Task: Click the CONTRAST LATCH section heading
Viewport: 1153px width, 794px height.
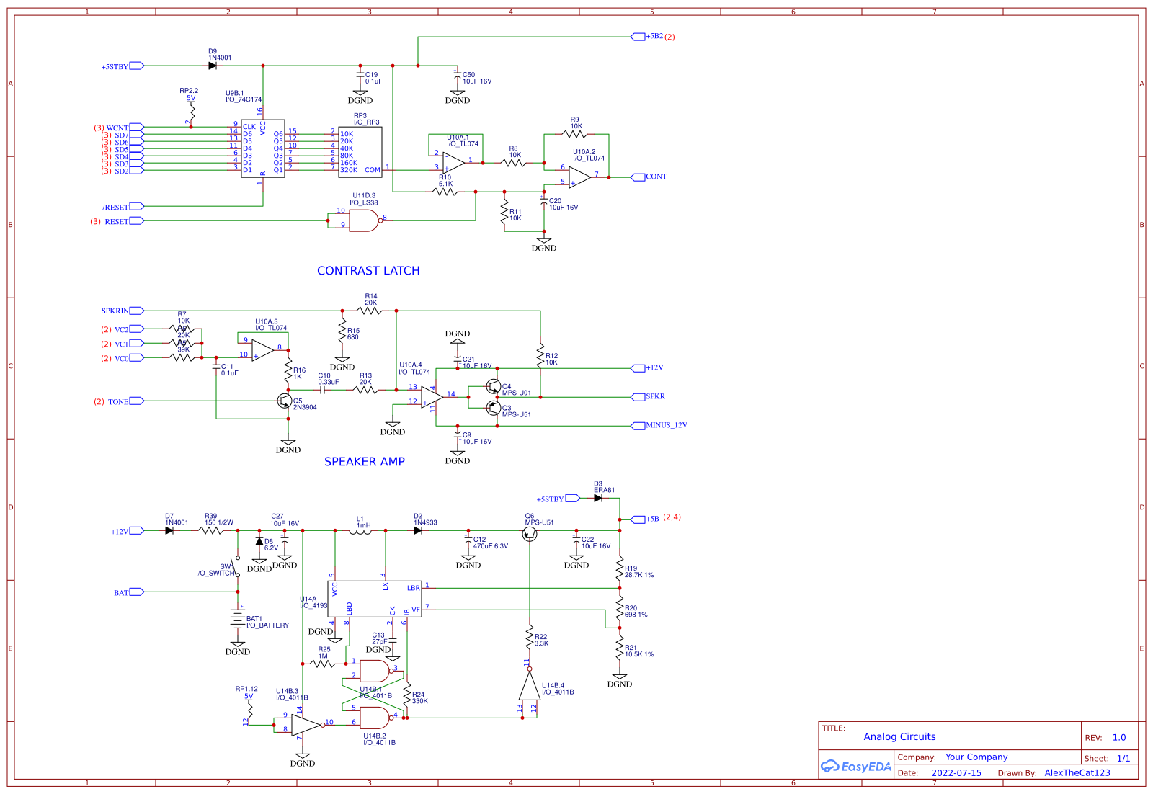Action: [368, 271]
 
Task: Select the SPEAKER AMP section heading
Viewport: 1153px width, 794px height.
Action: [365, 462]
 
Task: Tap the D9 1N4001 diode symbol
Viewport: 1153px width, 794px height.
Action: [213, 66]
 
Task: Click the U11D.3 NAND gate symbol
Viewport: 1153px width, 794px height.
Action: [362, 220]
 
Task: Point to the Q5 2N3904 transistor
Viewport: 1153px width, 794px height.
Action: [285, 401]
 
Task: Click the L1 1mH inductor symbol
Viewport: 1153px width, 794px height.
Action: [363, 532]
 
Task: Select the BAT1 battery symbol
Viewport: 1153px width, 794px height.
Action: [238, 618]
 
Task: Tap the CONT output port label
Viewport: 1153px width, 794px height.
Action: [656, 177]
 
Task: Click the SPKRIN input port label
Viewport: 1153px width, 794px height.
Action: [115, 311]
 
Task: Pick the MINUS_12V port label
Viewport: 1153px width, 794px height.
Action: [666, 425]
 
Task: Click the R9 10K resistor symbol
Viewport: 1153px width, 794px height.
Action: [575, 134]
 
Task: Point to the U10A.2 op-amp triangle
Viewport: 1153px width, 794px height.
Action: [579, 177]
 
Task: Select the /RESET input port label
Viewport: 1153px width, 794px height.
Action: [115, 207]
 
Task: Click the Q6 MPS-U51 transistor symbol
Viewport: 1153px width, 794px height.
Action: [530, 534]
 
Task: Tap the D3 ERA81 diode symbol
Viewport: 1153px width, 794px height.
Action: [598, 498]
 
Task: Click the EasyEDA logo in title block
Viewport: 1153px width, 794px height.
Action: [856, 767]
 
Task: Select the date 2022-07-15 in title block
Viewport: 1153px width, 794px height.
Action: [956, 773]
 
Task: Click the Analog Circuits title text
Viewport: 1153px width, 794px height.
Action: [899, 737]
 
